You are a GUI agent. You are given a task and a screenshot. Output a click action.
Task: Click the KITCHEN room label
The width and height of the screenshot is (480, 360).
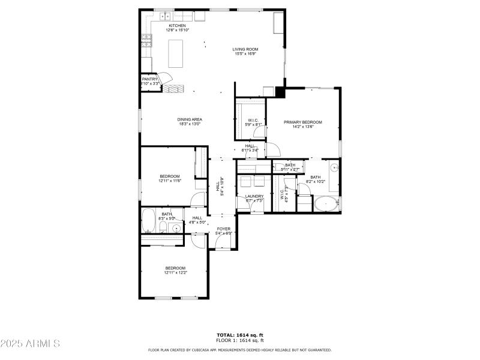pyautogui.click(x=176, y=26)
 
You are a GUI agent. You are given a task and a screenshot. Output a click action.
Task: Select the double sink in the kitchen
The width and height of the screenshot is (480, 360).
pyautogui.click(x=165, y=17)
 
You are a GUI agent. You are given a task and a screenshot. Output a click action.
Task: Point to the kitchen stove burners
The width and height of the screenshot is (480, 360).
pyautogui.click(x=145, y=41)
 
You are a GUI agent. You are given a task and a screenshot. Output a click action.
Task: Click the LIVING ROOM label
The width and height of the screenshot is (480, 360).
pyautogui.click(x=245, y=49)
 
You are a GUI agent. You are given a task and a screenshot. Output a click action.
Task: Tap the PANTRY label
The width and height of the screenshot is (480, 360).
pyautogui.click(x=149, y=79)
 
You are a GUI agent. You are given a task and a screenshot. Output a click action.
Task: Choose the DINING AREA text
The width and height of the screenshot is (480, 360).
pyautogui.click(x=189, y=119)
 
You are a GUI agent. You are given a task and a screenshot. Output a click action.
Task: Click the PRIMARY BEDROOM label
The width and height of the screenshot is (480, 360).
pyautogui.click(x=302, y=122)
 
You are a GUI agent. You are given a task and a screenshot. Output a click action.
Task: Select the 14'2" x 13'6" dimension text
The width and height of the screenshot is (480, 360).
pyautogui.click(x=302, y=127)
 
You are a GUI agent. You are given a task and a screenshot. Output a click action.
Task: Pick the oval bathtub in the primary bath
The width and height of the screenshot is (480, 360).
pyautogui.click(x=326, y=205)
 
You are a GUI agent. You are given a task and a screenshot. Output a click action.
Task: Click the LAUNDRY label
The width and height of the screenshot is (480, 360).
pyautogui.click(x=254, y=196)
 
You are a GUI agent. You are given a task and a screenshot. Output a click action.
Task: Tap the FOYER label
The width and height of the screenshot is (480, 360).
pyautogui.click(x=223, y=229)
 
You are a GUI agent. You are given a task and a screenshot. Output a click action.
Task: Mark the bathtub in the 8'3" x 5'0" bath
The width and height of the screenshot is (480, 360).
pyautogui.click(x=148, y=220)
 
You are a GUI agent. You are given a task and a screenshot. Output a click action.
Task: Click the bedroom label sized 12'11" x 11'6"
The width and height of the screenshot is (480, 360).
pyautogui.click(x=170, y=176)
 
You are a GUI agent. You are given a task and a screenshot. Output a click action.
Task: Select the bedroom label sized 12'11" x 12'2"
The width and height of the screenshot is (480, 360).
pyautogui.click(x=175, y=268)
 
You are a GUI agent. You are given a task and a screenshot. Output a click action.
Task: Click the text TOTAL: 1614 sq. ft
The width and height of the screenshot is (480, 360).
pyautogui.click(x=239, y=335)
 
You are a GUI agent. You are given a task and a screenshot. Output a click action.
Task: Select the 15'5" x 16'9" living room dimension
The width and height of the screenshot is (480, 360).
pyautogui.click(x=245, y=53)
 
